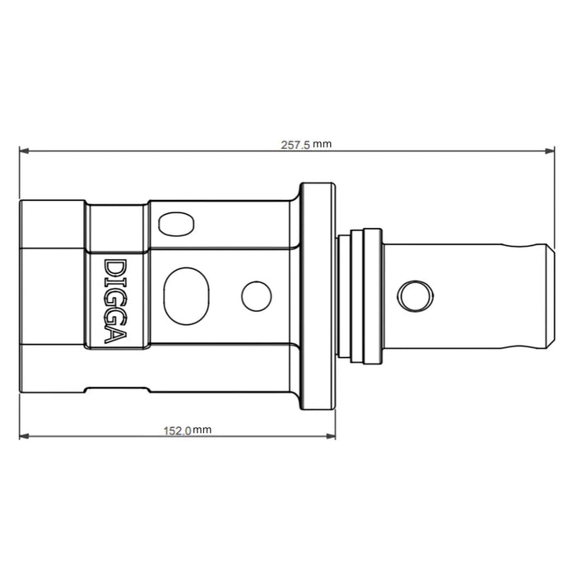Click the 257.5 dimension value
[x=295, y=144]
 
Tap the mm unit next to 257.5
[x=322, y=144]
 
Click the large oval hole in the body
[x=188, y=293]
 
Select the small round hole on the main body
[x=257, y=295]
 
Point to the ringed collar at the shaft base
[x=360, y=294]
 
